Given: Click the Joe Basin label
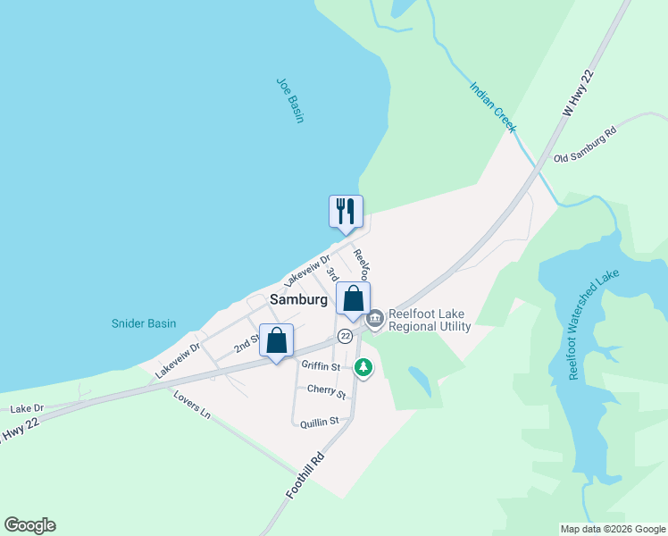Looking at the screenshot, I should coord(290,100).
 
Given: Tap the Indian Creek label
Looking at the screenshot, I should coord(493,107).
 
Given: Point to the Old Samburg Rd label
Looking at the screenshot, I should coord(585,145).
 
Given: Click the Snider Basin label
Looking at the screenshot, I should coord(144,323).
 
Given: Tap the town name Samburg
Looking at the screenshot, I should coord(298,300).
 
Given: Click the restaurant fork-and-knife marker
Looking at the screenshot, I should coord(346,212).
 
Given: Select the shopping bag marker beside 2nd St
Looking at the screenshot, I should coord(277,340).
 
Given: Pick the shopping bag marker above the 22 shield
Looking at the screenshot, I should coord(353,299).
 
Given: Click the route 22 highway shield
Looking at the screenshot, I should coord(345,336).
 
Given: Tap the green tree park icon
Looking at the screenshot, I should coord(363,366).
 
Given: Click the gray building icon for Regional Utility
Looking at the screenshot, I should coord(374,318).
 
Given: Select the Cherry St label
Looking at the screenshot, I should coord(325,391).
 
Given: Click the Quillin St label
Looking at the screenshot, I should coord(320,422).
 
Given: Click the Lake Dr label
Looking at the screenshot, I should coord(26,408).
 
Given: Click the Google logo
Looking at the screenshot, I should coord(29,525).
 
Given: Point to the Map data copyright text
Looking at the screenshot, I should coord(613,529).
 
